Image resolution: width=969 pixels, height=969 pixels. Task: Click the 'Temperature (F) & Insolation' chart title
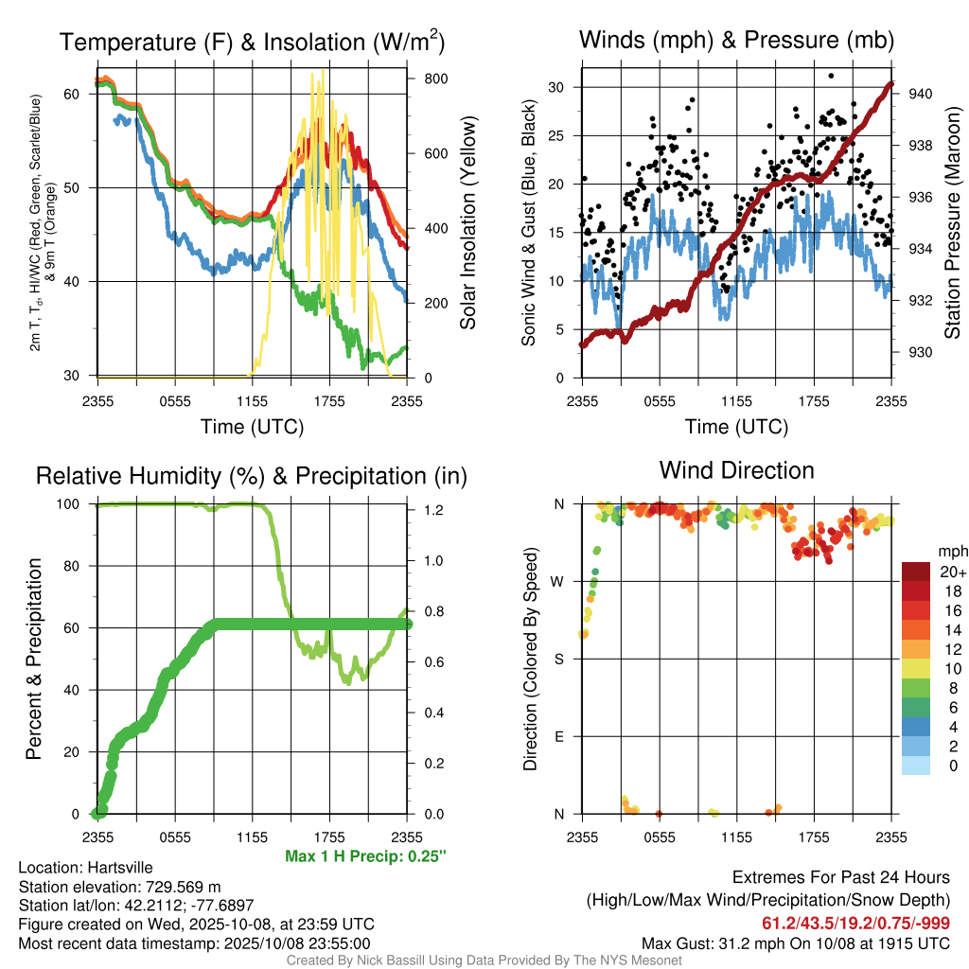(252, 42)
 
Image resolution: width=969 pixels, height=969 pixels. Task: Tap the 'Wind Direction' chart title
(736, 470)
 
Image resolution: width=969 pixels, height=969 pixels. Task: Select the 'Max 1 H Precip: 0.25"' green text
(364, 856)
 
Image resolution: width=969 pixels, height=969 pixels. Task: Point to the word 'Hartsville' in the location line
(118, 868)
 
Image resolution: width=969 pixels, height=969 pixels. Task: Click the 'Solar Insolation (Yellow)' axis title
(468, 223)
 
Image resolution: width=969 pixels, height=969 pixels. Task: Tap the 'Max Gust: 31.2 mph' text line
(796, 943)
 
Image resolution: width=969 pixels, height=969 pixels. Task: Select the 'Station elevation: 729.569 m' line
(119, 887)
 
